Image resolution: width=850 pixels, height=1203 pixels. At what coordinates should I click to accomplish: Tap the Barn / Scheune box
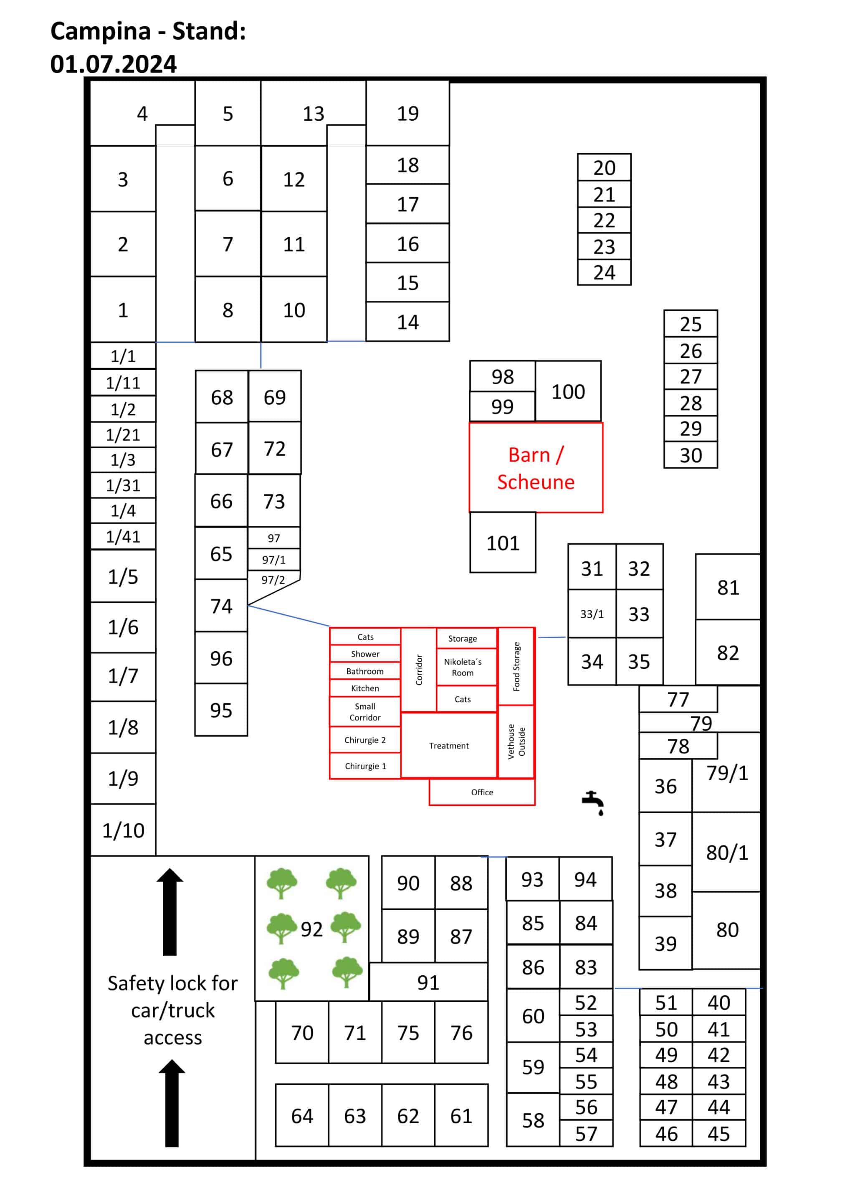536,467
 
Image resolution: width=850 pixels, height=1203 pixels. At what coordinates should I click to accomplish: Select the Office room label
482,792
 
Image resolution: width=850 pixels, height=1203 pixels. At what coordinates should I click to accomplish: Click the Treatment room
449,745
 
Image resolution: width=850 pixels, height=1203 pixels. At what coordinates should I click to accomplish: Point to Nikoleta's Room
463,667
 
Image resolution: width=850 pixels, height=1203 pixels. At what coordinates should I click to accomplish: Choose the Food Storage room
516,667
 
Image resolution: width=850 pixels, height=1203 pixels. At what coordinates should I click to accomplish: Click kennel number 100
568,391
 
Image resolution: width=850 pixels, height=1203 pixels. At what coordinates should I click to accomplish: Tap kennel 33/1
592,614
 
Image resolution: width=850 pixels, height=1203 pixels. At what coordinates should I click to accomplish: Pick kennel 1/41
123,536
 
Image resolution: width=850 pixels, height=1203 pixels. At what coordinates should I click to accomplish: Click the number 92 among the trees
311,929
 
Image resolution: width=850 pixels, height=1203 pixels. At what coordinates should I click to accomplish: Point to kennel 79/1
727,773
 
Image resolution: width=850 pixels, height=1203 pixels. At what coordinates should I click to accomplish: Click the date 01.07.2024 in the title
113,64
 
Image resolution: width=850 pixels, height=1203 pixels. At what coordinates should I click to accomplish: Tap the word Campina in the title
101,31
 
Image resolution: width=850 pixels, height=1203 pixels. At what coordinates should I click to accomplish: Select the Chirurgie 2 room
365,740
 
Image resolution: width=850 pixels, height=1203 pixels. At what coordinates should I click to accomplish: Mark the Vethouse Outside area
516,741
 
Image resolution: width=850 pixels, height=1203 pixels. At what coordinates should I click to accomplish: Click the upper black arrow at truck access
169,912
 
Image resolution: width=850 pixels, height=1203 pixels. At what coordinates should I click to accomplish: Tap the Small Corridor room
365,711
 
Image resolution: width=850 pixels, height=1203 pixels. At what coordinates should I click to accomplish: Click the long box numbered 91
428,982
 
